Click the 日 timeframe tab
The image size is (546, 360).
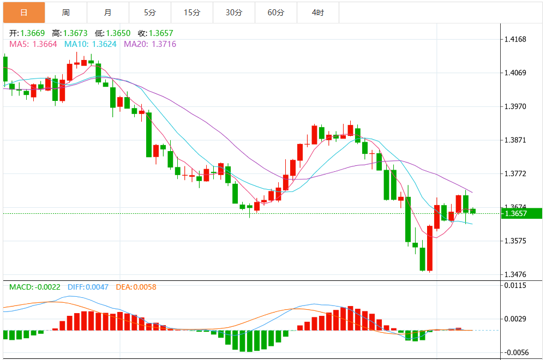24,12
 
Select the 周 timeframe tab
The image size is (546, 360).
66,12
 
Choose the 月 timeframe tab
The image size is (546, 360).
108,12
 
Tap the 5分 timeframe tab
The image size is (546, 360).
150,12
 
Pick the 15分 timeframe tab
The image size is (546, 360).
192,12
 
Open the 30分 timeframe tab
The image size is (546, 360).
234,12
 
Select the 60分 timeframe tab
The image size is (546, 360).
276,12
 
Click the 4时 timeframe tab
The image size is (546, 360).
318,12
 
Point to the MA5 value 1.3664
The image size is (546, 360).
45,44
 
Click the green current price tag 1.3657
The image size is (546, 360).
516,213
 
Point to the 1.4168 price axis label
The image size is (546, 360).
515,39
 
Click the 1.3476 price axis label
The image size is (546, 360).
515,274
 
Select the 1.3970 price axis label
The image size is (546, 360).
515,106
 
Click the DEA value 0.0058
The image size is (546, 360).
144,286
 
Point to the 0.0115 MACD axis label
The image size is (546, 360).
515,285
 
